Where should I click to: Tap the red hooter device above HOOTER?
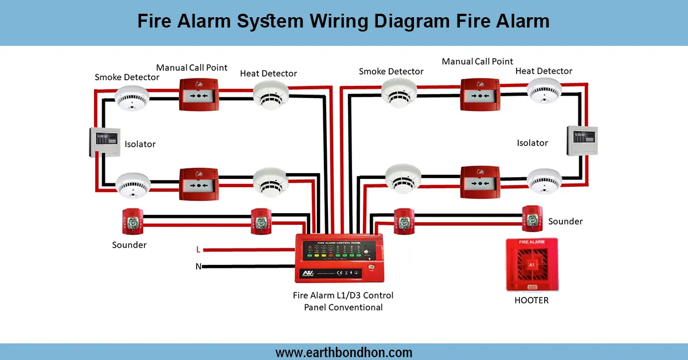(x=531, y=266)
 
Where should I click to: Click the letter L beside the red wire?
(x=198, y=250)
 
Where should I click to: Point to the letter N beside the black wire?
(x=198, y=266)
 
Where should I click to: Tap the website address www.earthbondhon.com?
(x=344, y=352)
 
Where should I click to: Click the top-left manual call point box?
(x=199, y=95)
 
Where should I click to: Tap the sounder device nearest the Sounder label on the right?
(x=531, y=218)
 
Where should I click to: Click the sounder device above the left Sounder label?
(x=132, y=221)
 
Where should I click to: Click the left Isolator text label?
(x=140, y=144)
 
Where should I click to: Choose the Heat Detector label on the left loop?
(x=268, y=73)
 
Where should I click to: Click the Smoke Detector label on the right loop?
(x=391, y=72)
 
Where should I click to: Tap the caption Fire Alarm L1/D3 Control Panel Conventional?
(x=343, y=302)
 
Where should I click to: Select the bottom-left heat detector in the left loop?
(x=271, y=181)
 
